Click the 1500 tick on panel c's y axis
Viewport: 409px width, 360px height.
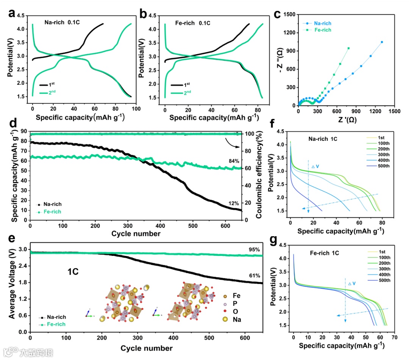click(289, 14)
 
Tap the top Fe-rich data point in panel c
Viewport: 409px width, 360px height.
click(348, 48)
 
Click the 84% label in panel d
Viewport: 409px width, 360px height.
click(234, 161)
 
